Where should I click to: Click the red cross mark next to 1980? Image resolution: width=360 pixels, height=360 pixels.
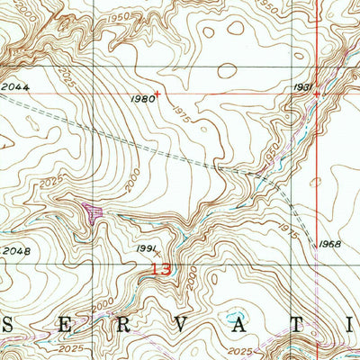[x=157, y=93]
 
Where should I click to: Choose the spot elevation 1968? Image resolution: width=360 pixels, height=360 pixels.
[x=329, y=244]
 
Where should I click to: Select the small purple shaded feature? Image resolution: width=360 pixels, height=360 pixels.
[x=93, y=211]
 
